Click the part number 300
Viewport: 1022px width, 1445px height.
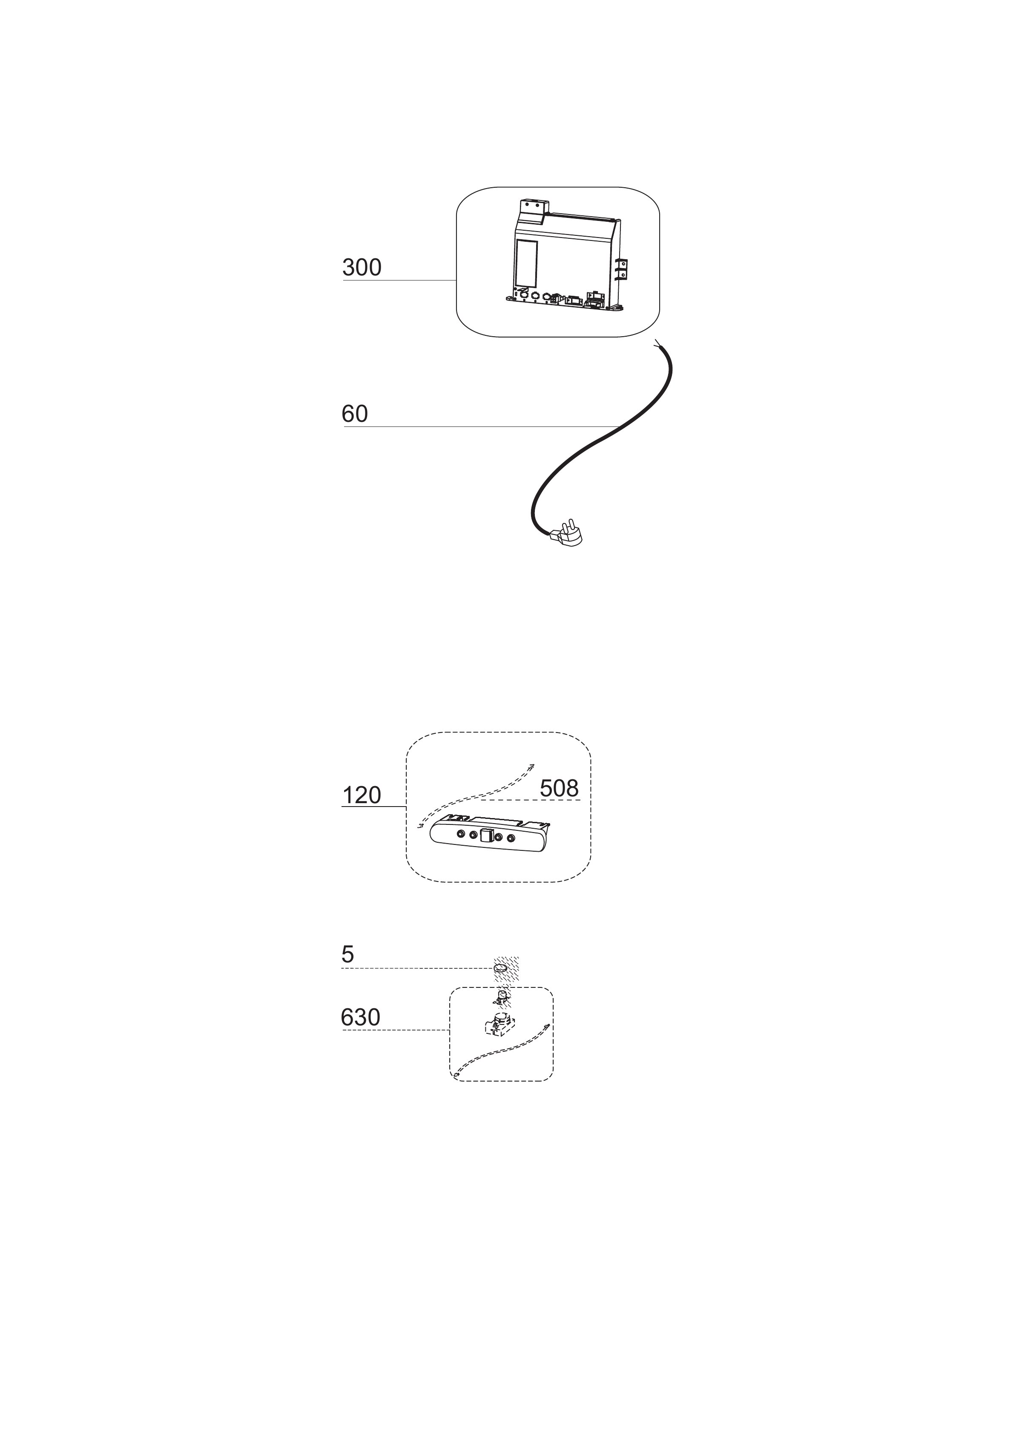[362, 267]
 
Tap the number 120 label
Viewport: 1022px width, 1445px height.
[362, 795]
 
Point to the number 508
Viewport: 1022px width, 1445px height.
[559, 788]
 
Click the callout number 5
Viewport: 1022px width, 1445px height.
[347, 955]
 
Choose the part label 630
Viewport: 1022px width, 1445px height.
[361, 1017]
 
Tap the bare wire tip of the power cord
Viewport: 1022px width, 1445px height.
[657, 343]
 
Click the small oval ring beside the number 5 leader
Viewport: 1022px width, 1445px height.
[502, 967]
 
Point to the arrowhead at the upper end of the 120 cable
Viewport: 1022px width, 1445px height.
[531, 765]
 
